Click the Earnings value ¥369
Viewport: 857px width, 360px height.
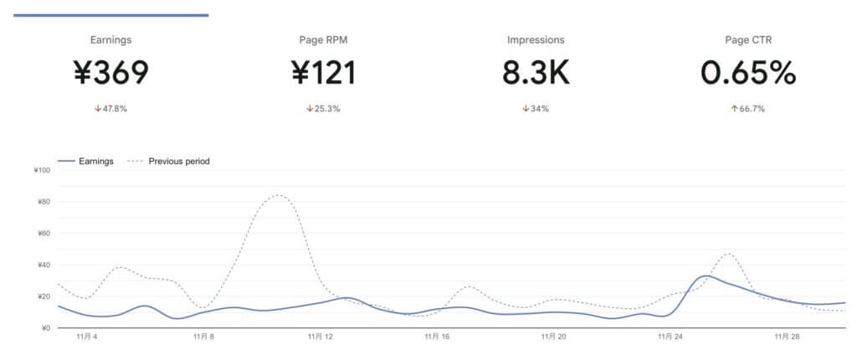click(x=110, y=74)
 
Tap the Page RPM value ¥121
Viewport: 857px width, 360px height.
click(x=323, y=74)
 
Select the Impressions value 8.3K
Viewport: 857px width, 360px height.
click(x=536, y=74)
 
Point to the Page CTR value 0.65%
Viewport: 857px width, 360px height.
click(x=747, y=74)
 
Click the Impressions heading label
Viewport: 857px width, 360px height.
click(x=536, y=39)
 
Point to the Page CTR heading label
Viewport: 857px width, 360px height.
click(x=747, y=39)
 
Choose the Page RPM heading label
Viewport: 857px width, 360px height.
click(x=323, y=39)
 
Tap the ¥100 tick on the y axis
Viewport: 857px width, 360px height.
click(x=42, y=171)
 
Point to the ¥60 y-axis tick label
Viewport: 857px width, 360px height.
click(x=42, y=234)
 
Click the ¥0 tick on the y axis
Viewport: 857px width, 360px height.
click(x=45, y=328)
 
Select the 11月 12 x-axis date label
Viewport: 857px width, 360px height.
click(x=321, y=338)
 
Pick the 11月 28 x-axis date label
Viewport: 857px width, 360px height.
click(x=784, y=338)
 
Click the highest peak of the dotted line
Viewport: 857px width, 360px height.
click(x=278, y=196)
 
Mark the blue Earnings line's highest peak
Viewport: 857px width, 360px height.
click(x=706, y=276)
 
